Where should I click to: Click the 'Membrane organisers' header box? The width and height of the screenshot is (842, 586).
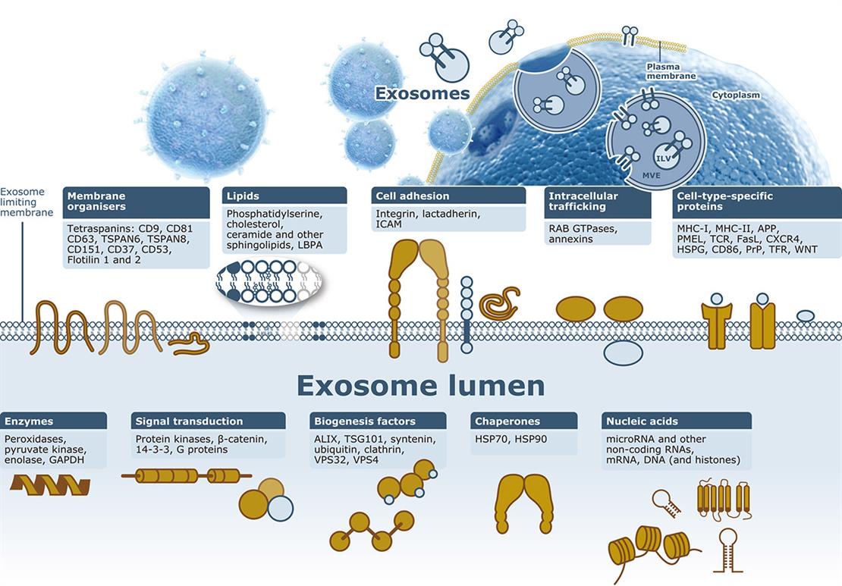(x=137, y=200)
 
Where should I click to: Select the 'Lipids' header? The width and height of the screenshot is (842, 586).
(x=285, y=196)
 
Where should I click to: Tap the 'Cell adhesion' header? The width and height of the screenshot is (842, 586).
(x=449, y=196)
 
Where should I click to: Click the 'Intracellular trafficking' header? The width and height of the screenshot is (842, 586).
(x=598, y=201)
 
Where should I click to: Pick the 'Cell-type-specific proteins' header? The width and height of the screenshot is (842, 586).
(x=756, y=201)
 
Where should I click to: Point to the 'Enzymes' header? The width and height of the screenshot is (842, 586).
(x=54, y=421)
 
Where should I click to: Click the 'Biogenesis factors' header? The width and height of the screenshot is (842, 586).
(x=379, y=421)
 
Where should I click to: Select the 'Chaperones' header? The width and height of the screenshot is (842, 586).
(x=523, y=421)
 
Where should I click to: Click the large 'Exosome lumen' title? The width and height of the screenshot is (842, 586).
(x=420, y=385)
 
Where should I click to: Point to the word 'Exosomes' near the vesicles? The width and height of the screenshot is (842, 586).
(x=423, y=94)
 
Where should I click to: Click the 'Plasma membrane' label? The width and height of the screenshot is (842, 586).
(x=664, y=71)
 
